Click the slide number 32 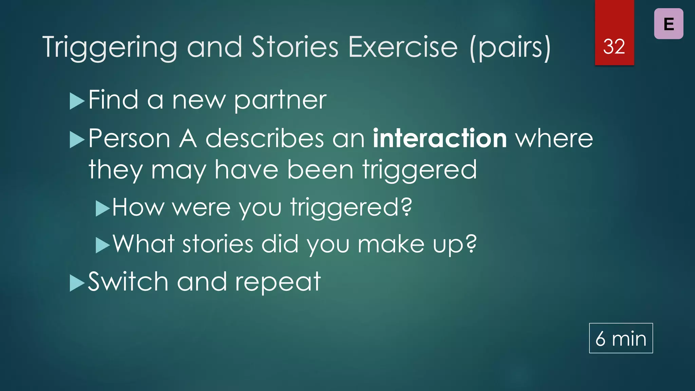(x=614, y=46)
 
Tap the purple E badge (x=669, y=24)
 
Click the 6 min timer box (x=621, y=338)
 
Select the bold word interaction (x=440, y=138)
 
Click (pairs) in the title (x=510, y=48)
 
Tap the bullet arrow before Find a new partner (x=77, y=101)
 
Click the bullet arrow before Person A (x=77, y=140)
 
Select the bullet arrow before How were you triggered (x=102, y=208)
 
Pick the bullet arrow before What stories (x=102, y=245)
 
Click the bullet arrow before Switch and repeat (x=77, y=283)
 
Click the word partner (x=280, y=101)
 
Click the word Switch (x=128, y=282)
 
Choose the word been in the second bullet (x=320, y=170)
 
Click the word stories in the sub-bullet (x=218, y=244)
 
